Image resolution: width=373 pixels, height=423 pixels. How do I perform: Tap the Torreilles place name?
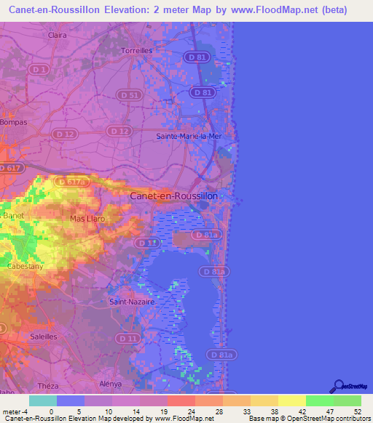(136, 51)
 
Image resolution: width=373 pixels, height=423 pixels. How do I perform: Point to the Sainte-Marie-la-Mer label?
(189, 136)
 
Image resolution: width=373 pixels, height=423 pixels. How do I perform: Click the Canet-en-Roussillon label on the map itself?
(184, 196)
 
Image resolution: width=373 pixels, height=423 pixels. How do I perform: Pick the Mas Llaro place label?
(87, 218)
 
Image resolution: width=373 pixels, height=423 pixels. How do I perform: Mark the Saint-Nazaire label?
(129, 301)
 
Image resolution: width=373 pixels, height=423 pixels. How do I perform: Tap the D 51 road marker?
(128, 94)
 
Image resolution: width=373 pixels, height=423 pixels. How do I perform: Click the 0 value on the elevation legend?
(51, 411)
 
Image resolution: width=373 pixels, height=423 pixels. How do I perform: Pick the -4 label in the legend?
(25, 411)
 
